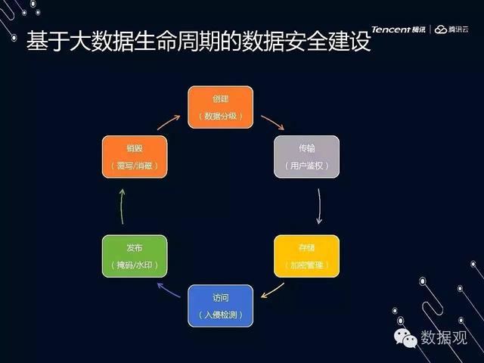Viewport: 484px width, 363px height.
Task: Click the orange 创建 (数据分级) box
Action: click(x=220, y=107)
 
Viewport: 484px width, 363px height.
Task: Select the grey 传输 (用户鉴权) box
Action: click(x=306, y=157)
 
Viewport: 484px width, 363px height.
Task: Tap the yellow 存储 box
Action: click(x=306, y=256)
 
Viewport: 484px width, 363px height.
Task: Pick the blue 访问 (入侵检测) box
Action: click(x=220, y=306)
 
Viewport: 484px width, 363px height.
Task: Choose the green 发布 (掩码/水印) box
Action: click(x=135, y=256)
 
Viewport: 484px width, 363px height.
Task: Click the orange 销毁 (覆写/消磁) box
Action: click(x=135, y=157)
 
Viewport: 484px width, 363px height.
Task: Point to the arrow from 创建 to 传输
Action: click(x=272, y=123)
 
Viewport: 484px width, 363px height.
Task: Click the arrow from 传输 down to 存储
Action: click(x=319, y=206)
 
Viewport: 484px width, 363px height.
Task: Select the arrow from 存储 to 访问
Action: click(x=272, y=290)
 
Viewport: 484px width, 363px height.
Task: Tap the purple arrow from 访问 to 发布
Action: click(x=169, y=290)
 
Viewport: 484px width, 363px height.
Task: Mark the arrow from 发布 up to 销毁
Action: click(x=123, y=206)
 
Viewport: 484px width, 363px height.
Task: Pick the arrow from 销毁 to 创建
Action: click(x=169, y=123)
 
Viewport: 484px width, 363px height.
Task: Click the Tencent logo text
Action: click(x=392, y=29)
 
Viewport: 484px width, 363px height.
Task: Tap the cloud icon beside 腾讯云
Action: click(x=441, y=29)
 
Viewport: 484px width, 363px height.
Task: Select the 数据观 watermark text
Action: click(x=444, y=337)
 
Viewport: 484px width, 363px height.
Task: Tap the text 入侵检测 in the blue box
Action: click(x=220, y=315)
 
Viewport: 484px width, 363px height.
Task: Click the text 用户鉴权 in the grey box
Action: click(x=306, y=166)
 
